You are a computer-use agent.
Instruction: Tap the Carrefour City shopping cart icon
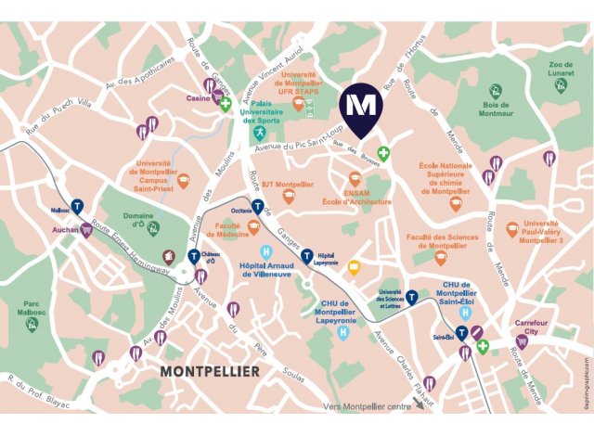pos(523,342)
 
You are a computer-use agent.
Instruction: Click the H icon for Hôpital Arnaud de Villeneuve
pos(267,250)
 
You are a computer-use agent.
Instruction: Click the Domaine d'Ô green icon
pos(153,228)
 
